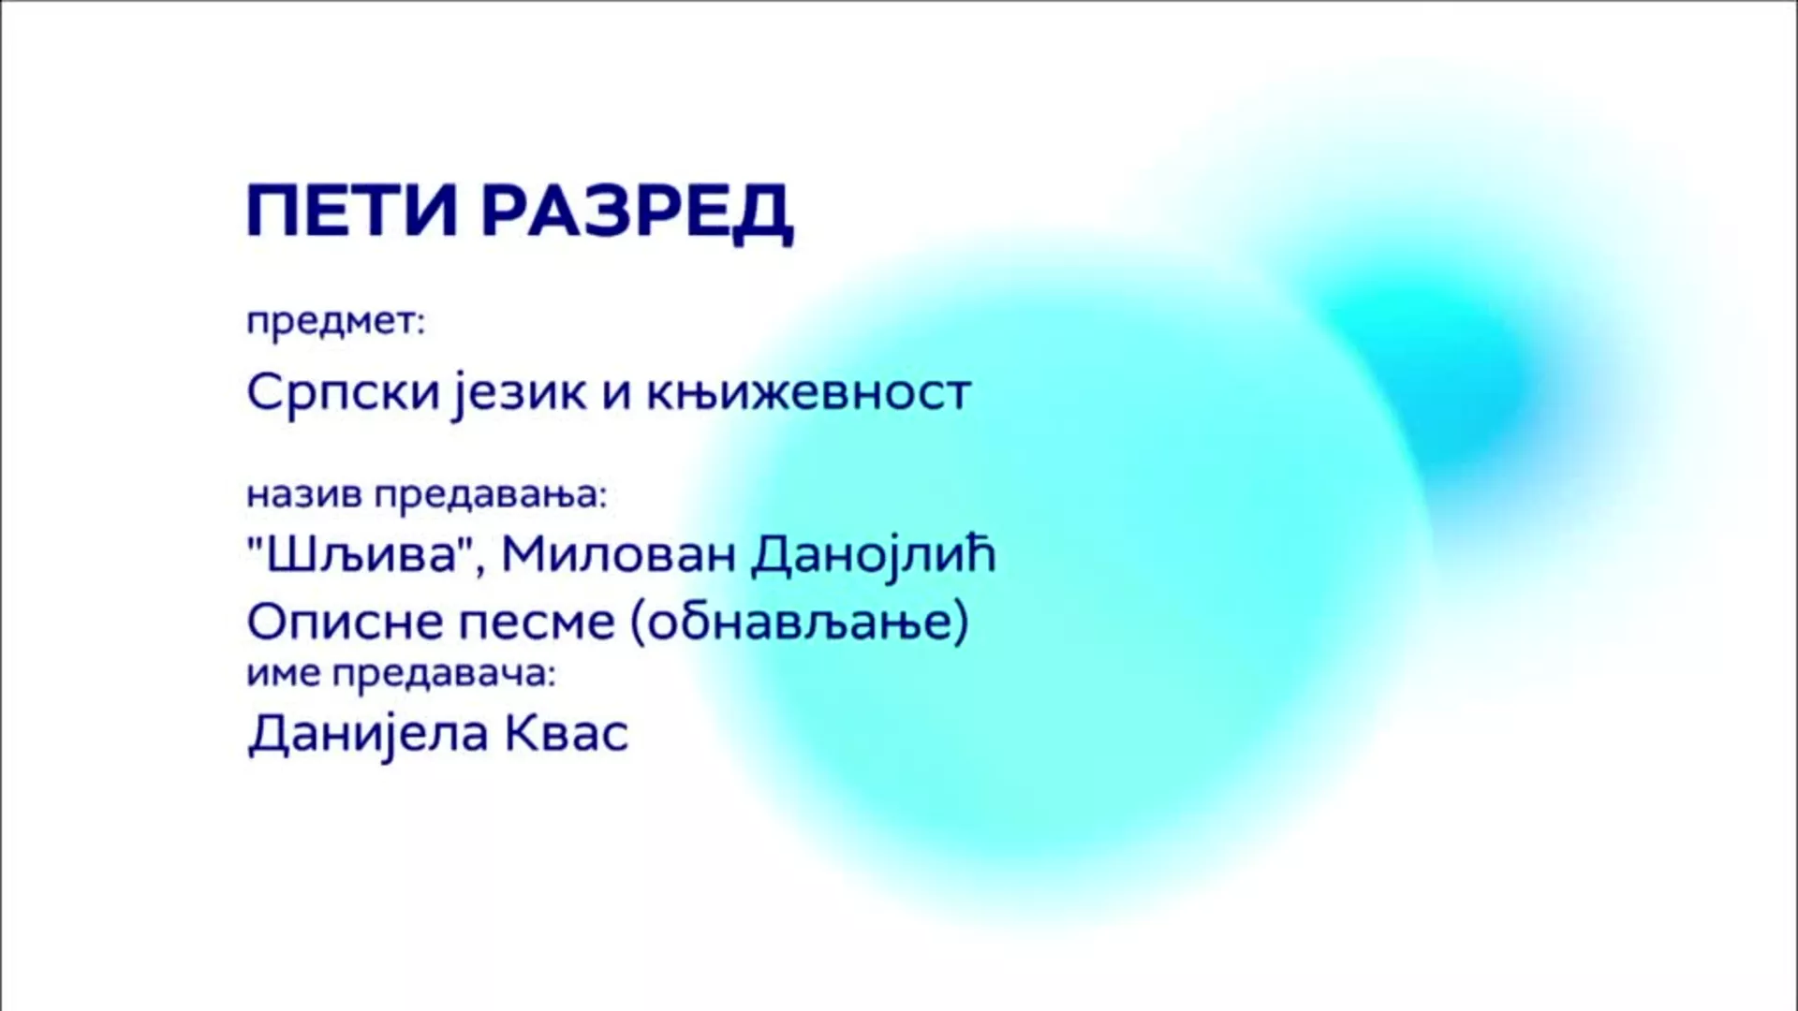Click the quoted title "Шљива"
coord(358,556)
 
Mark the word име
coord(285,674)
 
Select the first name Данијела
coord(369,734)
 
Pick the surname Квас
coord(567,734)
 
